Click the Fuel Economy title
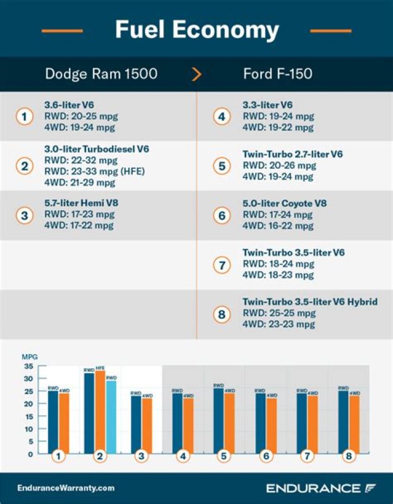pos(196,30)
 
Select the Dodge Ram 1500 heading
pos(101,74)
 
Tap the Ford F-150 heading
pos(278,74)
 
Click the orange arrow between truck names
pos(196,74)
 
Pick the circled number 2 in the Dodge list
pos(25,166)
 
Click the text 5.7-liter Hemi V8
pos(81,203)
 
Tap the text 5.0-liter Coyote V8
pos(285,204)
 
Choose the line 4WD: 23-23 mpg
pos(279,324)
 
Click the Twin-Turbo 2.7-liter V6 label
pos(293,154)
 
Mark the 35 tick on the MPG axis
pos(27,366)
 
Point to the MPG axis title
pos(29,357)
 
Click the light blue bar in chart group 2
pos(111,417)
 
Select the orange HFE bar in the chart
pos(100,412)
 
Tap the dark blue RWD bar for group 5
pos(218,421)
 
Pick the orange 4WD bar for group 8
pos(354,425)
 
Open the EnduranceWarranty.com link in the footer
pos(66,488)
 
